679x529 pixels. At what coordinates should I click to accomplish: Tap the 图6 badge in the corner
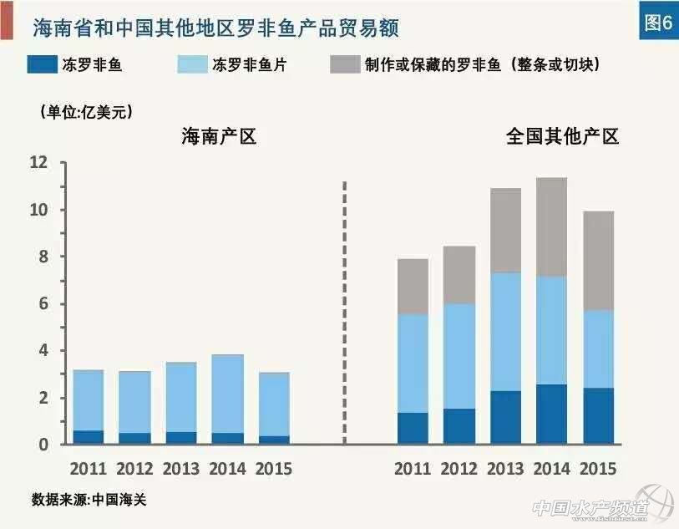pyautogui.click(x=656, y=23)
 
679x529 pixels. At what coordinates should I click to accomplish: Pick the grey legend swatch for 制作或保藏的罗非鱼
pyautogui.click(x=345, y=64)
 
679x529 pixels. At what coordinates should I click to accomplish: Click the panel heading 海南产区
pyautogui.click(x=219, y=136)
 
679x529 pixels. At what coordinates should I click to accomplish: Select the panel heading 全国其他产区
pyautogui.click(x=562, y=136)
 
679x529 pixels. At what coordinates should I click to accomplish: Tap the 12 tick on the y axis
pyautogui.click(x=39, y=163)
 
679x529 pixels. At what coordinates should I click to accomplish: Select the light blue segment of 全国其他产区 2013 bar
pyautogui.click(x=505, y=332)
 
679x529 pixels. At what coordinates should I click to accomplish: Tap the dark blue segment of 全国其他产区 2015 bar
pyautogui.click(x=598, y=415)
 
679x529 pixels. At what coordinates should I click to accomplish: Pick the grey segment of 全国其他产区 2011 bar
pyautogui.click(x=412, y=287)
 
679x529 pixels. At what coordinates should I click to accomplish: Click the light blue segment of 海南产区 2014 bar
pyautogui.click(x=227, y=394)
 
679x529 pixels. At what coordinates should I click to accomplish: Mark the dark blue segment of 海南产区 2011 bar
pyautogui.click(x=88, y=437)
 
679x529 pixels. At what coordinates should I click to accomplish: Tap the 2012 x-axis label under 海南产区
pyautogui.click(x=134, y=468)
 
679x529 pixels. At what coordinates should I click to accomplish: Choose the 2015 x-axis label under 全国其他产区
pyautogui.click(x=598, y=468)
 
